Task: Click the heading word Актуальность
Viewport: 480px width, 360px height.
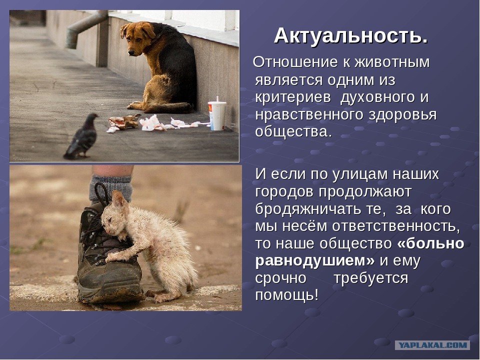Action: (351, 36)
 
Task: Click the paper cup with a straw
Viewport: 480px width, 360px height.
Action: (217, 114)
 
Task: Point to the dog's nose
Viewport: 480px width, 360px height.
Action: (131, 52)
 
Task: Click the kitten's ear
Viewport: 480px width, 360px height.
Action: (119, 199)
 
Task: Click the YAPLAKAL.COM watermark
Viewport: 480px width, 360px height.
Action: (432, 345)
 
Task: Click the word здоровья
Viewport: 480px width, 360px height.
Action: (402, 115)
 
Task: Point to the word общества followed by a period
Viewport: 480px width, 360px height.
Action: (293, 131)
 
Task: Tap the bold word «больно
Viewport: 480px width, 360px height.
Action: (430, 243)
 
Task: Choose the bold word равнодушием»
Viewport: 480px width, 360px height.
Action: (314, 261)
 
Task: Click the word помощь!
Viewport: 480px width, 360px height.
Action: (287, 295)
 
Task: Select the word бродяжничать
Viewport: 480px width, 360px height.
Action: (308, 209)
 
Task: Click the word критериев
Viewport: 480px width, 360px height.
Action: (293, 97)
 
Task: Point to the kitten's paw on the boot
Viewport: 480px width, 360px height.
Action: (111, 257)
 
